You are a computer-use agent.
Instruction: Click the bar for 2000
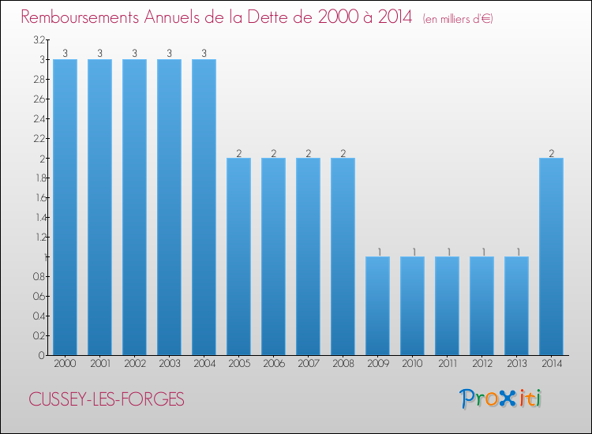(65, 207)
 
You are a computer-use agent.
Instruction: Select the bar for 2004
(204, 207)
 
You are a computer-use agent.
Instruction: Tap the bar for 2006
(273, 256)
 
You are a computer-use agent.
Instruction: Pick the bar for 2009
(377, 305)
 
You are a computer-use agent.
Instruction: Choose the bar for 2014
(551, 256)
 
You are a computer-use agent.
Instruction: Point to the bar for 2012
(481, 305)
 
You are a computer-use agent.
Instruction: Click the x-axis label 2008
(343, 364)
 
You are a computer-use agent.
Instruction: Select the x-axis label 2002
(134, 364)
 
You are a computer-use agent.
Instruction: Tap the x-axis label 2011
(447, 364)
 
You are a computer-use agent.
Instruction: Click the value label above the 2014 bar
(551, 152)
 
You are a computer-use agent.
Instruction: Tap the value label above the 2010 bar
(412, 251)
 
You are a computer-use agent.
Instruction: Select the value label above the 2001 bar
(99, 54)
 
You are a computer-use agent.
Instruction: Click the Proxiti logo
(500, 398)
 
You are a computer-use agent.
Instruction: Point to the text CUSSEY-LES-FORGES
(107, 400)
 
